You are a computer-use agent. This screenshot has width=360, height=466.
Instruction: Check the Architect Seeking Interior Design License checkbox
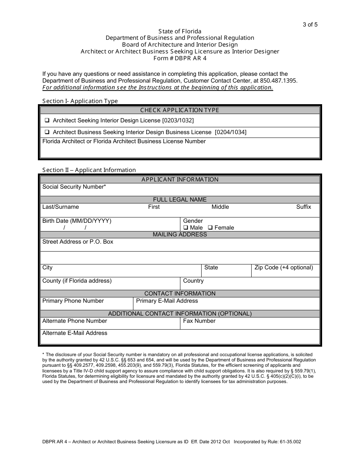pos(47,120)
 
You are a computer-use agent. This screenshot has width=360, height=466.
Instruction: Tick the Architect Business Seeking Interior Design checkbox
pos(47,132)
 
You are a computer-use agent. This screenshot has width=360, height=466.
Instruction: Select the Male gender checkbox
pos(186,228)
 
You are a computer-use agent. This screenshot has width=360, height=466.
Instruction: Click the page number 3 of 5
pos(310,25)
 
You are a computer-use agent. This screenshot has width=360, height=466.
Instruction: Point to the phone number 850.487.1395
pos(281,81)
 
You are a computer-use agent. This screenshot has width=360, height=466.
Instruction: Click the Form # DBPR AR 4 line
pos(180,58)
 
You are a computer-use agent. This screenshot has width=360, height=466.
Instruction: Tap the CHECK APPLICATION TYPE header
pos(180,110)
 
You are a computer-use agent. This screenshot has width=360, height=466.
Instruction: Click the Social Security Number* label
pos(74,187)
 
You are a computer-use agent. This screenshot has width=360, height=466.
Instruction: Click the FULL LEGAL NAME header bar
pos(180,200)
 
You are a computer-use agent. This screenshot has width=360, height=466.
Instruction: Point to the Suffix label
pos(304,207)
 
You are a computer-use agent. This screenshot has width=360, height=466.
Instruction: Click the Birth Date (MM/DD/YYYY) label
pos(77,221)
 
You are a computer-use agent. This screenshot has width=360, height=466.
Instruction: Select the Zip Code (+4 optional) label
pos(284,267)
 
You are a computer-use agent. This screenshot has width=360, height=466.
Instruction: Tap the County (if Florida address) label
pos(77,281)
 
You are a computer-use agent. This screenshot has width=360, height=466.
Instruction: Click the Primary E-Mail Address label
pos(167,301)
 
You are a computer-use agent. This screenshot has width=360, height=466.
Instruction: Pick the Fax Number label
pos(199,321)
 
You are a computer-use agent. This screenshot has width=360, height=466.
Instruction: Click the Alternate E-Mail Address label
pos(75,333)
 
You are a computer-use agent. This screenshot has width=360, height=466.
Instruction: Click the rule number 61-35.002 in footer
pos(289,442)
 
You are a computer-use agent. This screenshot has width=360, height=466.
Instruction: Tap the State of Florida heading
pos(180,31)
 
